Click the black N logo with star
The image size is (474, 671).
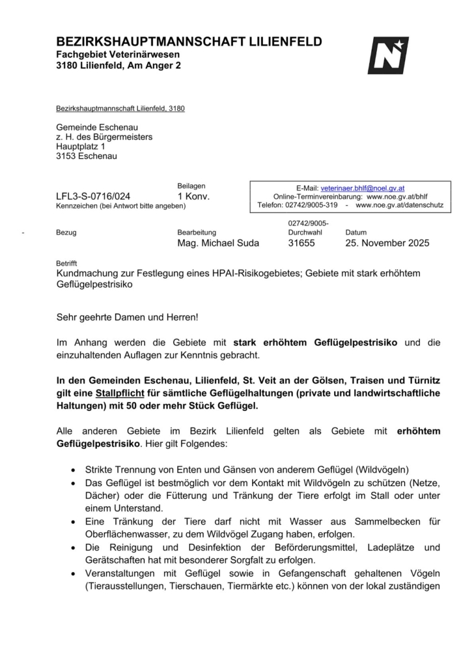coord(388,55)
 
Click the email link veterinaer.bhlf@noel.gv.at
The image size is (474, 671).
coord(362,188)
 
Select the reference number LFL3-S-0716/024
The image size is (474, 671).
coord(93,196)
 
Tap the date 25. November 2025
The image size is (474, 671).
coord(387,243)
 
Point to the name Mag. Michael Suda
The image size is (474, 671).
coord(217,243)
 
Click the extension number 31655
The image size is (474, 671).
coord(301,243)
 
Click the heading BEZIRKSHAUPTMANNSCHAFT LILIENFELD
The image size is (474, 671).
coord(189,42)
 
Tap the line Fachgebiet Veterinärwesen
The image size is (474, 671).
coord(117,55)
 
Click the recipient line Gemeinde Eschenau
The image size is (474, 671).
coord(97,127)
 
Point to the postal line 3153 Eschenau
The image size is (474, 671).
coord(87,156)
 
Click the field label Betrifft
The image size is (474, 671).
coord(66,263)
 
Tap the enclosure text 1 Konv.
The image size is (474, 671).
coord(193,196)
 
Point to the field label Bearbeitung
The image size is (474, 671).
coord(196,232)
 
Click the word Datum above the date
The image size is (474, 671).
coord(355,232)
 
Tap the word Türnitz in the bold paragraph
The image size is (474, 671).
coord(422,380)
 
